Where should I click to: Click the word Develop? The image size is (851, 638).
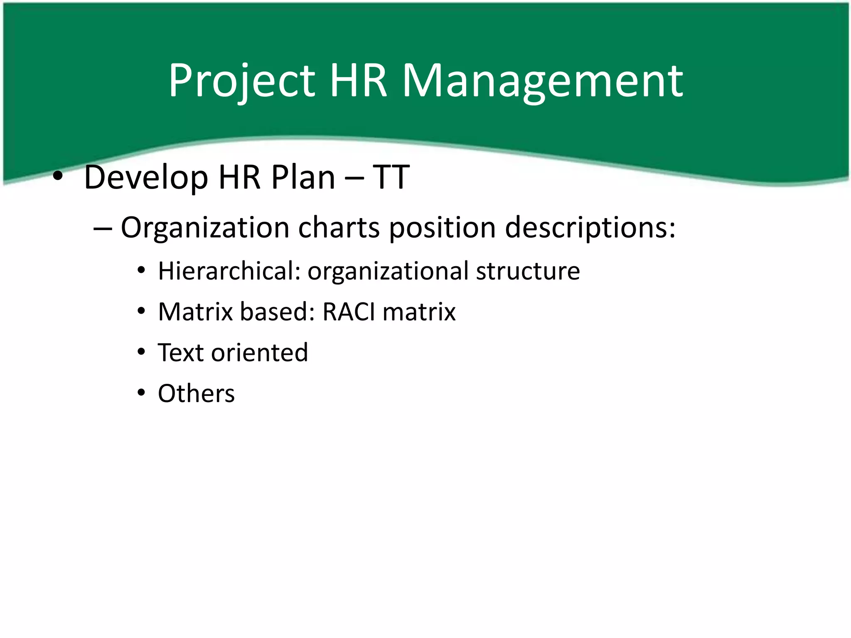point(146,178)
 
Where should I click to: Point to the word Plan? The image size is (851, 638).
point(303,177)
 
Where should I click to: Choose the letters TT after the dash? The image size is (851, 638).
point(391,177)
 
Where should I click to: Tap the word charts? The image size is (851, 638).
point(339,228)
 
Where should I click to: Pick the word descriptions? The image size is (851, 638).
point(590,228)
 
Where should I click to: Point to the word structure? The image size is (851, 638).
point(528,271)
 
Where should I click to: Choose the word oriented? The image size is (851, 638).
point(260,353)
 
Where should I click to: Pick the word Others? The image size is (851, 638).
point(196,393)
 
